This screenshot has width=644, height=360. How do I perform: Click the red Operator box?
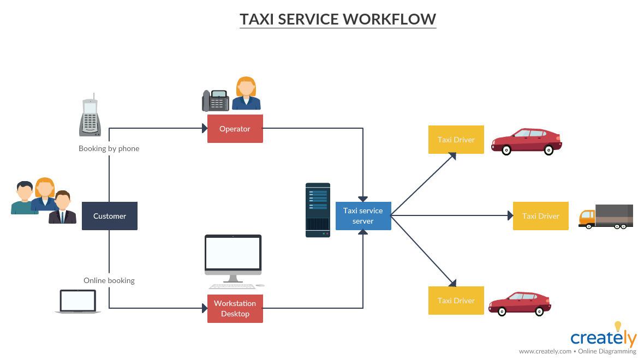[x=235, y=129]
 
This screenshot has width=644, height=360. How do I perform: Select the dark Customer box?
[x=109, y=216]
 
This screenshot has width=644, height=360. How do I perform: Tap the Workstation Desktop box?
[x=235, y=309]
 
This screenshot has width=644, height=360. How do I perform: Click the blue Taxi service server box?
[x=363, y=215]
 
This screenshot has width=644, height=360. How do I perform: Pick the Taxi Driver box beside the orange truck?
[x=540, y=216]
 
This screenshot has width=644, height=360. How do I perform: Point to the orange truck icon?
[x=606, y=217]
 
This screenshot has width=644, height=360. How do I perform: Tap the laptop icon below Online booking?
[x=77, y=301]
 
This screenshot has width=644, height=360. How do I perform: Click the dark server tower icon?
[x=318, y=210]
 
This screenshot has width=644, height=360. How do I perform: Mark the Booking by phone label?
[x=109, y=148]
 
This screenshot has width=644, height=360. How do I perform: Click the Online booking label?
[x=109, y=280]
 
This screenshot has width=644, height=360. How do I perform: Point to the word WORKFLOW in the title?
[x=389, y=19]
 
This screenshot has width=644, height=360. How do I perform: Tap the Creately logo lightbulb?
[x=618, y=327]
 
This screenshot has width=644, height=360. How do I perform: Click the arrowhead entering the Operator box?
[x=204, y=128]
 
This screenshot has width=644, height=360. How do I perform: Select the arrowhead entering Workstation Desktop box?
[x=204, y=308]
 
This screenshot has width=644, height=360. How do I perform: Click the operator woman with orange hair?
[x=246, y=94]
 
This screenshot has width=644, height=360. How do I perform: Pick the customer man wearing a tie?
[x=63, y=208]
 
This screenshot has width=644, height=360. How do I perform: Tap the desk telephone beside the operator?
[x=215, y=101]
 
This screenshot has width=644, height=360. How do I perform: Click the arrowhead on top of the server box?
[x=363, y=199]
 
